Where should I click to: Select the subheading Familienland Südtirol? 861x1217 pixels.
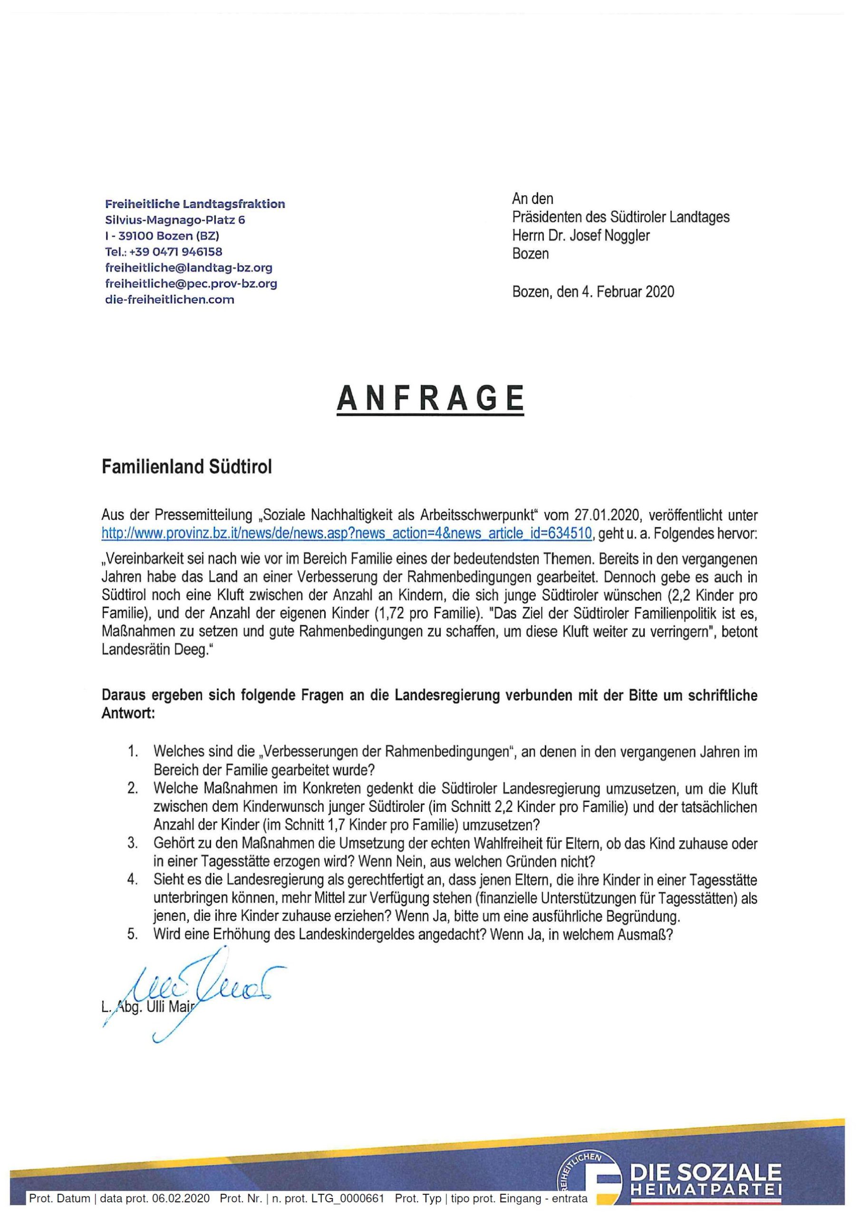coord(187,467)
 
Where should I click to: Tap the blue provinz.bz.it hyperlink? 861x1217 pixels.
coord(346,533)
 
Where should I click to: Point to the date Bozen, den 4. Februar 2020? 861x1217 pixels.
coord(593,292)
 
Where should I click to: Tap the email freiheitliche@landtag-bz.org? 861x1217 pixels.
coord(189,268)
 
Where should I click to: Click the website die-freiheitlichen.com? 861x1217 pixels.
coord(170,299)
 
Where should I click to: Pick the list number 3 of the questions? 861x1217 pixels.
coord(133,843)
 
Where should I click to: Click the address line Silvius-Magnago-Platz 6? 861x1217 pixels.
coord(175,220)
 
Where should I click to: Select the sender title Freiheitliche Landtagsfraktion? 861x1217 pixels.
coord(195,204)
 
